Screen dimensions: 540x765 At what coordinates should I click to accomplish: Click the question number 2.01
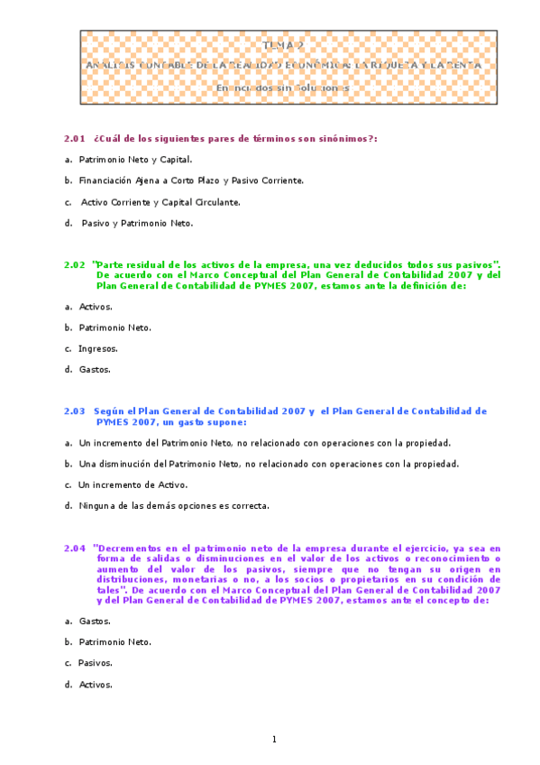click(x=74, y=138)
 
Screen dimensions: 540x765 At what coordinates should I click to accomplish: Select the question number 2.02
click(x=74, y=264)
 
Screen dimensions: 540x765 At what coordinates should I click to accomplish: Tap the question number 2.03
click(x=74, y=410)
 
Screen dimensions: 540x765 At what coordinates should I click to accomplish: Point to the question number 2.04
click(x=74, y=548)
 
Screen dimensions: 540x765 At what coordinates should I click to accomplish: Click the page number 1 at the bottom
click(x=274, y=740)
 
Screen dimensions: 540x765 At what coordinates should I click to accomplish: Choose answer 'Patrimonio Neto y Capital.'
click(x=135, y=159)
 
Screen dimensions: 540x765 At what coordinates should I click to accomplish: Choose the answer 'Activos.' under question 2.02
click(x=96, y=307)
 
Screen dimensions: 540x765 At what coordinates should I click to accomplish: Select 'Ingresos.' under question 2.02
click(x=98, y=348)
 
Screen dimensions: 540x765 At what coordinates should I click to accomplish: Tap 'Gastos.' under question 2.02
click(x=95, y=369)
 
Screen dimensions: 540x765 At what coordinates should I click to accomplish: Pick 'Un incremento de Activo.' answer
click(x=133, y=484)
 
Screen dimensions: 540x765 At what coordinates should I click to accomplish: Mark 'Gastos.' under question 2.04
click(x=95, y=621)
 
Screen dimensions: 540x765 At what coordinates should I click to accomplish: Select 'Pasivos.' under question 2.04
click(x=96, y=663)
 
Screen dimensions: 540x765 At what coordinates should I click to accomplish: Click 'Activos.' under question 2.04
click(x=96, y=684)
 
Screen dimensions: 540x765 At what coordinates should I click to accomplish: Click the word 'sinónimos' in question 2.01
click(x=343, y=138)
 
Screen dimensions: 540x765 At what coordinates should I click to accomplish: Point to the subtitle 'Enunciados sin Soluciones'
click(x=281, y=88)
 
